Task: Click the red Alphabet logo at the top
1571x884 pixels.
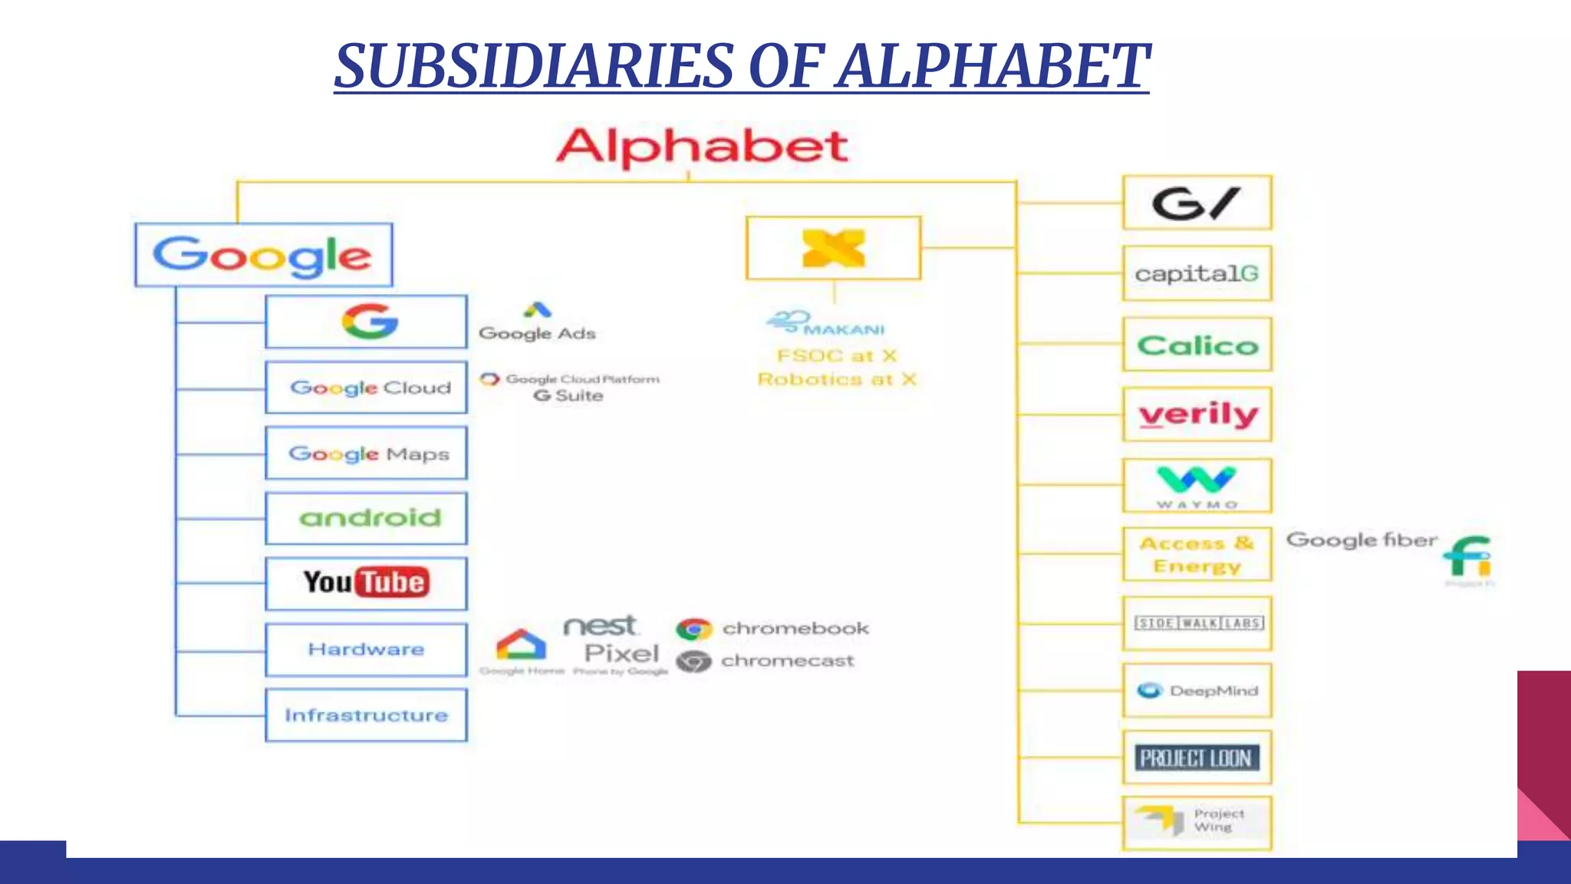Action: pyautogui.click(x=702, y=147)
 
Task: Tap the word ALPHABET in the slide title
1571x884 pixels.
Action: pyautogui.click(x=993, y=66)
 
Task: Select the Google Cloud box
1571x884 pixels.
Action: pyautogui.click(x=367, y=388)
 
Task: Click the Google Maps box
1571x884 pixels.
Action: pyautogui.click(x=367, y=454)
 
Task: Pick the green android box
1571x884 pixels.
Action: pyautogui.click(x=367, y=518)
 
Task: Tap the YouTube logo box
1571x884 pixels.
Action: pyautogui.click(x=367, y=583)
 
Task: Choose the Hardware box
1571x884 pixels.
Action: pyautogui.click(x=367, y=649)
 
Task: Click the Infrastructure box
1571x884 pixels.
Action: pyautogui.click(x=367, y=715)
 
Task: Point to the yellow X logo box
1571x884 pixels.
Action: pyautogui.click(x=833, y=248)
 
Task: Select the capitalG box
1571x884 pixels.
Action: pyautogui.click(x=1197, y=273)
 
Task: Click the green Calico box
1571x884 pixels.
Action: pyautogui.click(x=1197, y=345)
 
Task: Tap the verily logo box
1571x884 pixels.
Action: pyautogui.click(x=1197, y=414)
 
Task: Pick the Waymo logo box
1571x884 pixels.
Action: pyautogui.click(x=1197, y=485)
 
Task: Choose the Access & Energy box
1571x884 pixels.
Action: pyautogui.click(x=1197, y=554)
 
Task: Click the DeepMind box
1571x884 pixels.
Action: pyautogui.click(x=1197, y=691)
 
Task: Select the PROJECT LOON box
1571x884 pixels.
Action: pyautogui.click(x=1197, y=758)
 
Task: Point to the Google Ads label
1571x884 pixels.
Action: pyautogui.click(x=537, y=332)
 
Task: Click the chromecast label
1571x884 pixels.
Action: pyautogui.click(x=787, y=661)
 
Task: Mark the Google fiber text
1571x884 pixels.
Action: pyautogui.click(x=1361, y=540)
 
